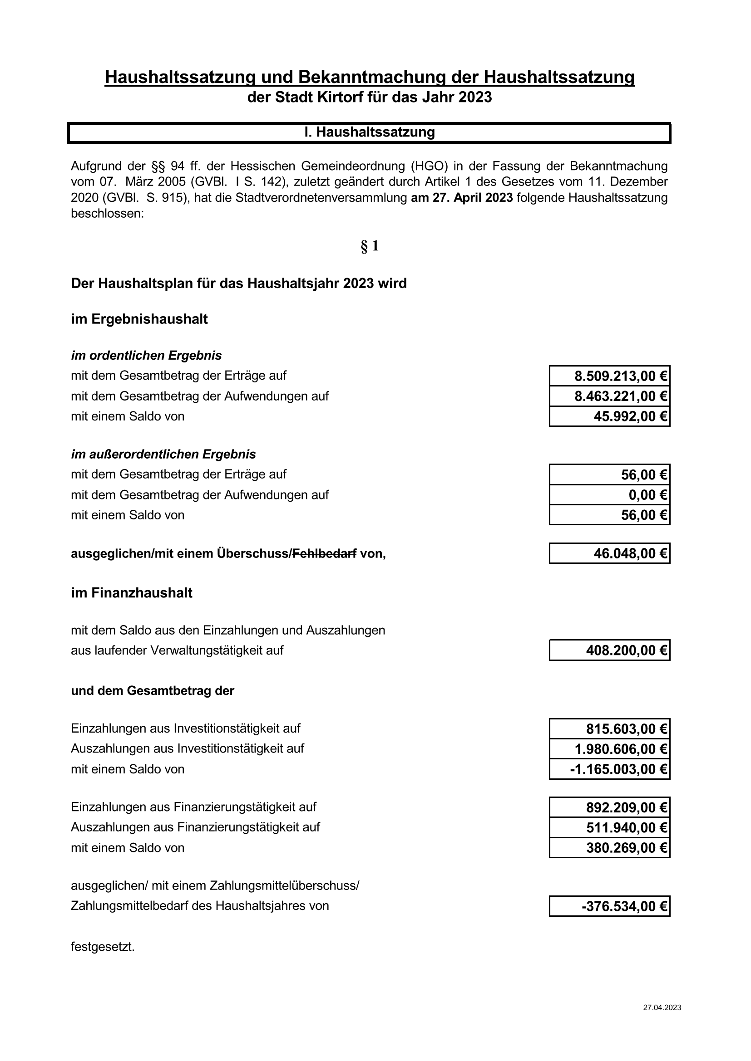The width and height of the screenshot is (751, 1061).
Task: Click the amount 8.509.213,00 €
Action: click(621, 376)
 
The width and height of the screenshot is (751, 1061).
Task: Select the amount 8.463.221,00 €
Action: click(621, 396)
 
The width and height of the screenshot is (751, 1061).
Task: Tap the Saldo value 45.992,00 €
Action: click(630, 416)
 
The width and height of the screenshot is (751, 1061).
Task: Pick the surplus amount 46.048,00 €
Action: click(630, 553)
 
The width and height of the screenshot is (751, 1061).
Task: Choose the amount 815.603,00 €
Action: click(627, 729)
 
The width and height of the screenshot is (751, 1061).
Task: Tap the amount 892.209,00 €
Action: click(627, 807)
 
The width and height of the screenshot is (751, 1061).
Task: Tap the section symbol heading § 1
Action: click(370, 246)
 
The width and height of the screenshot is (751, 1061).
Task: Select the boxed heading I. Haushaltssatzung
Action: click(370, 132)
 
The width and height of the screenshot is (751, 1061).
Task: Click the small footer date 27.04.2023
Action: click(662, 1008)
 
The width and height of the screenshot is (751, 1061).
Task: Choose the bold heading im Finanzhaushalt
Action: click(131, 593)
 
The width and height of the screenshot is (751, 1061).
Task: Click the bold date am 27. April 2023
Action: click(461, 198)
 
